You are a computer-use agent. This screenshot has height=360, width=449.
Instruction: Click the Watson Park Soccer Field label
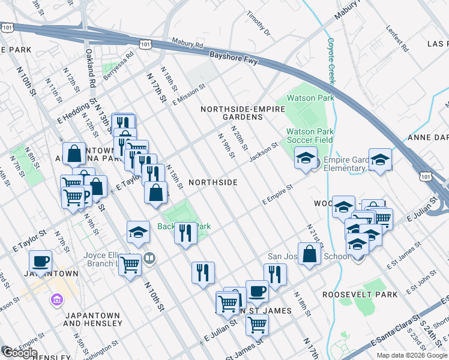(309, 136)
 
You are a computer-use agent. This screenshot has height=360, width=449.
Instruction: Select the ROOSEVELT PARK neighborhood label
(360, 295)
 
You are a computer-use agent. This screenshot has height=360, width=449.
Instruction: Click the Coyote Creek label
(330, 60)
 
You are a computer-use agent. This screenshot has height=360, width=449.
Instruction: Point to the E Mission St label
(189, 94)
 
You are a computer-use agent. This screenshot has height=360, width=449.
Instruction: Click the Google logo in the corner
(19, 353)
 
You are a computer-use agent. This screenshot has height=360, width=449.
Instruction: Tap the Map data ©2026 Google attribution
(411, 355)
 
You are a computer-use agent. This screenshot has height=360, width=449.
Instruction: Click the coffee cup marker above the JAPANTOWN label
(41, 261)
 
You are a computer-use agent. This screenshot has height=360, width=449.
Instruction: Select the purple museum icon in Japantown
(57, 299)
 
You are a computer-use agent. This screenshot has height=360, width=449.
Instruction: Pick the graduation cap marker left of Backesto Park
(138, 231)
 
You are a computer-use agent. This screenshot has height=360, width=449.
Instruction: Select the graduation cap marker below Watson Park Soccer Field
(306, 158)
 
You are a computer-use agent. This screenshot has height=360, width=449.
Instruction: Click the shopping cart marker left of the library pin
(130, 263)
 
